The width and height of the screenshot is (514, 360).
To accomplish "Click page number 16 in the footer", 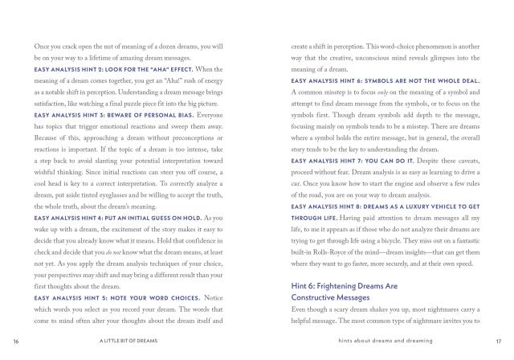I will pyautogui.click(x=16, y=341).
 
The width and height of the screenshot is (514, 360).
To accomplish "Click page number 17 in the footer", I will pyautogui.click(x=498, y=341).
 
